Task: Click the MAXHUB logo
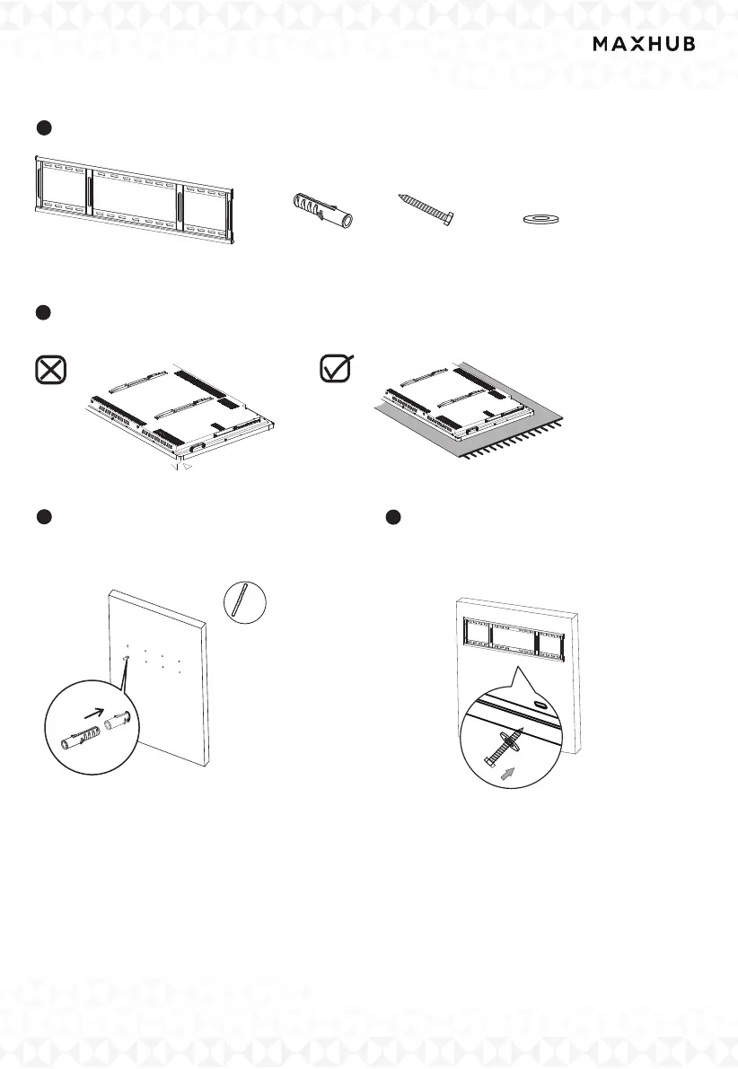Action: [x=643, y=45]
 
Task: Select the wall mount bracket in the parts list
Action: [x=136, y=199]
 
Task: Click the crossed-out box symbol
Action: [x=50, y=371]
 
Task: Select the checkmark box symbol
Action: [x=338, y=370]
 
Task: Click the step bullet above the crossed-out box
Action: [x=41, y=311]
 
